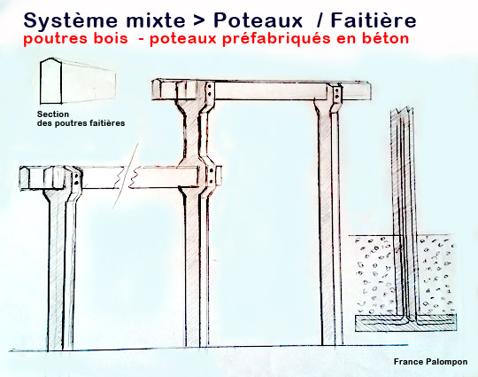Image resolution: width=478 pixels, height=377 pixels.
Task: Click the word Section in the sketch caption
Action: (x=54, y=114)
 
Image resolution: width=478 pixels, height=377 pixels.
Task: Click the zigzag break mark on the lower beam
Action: (x=133, y=177)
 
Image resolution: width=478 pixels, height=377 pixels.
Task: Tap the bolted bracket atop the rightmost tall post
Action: (x=335, y=95)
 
